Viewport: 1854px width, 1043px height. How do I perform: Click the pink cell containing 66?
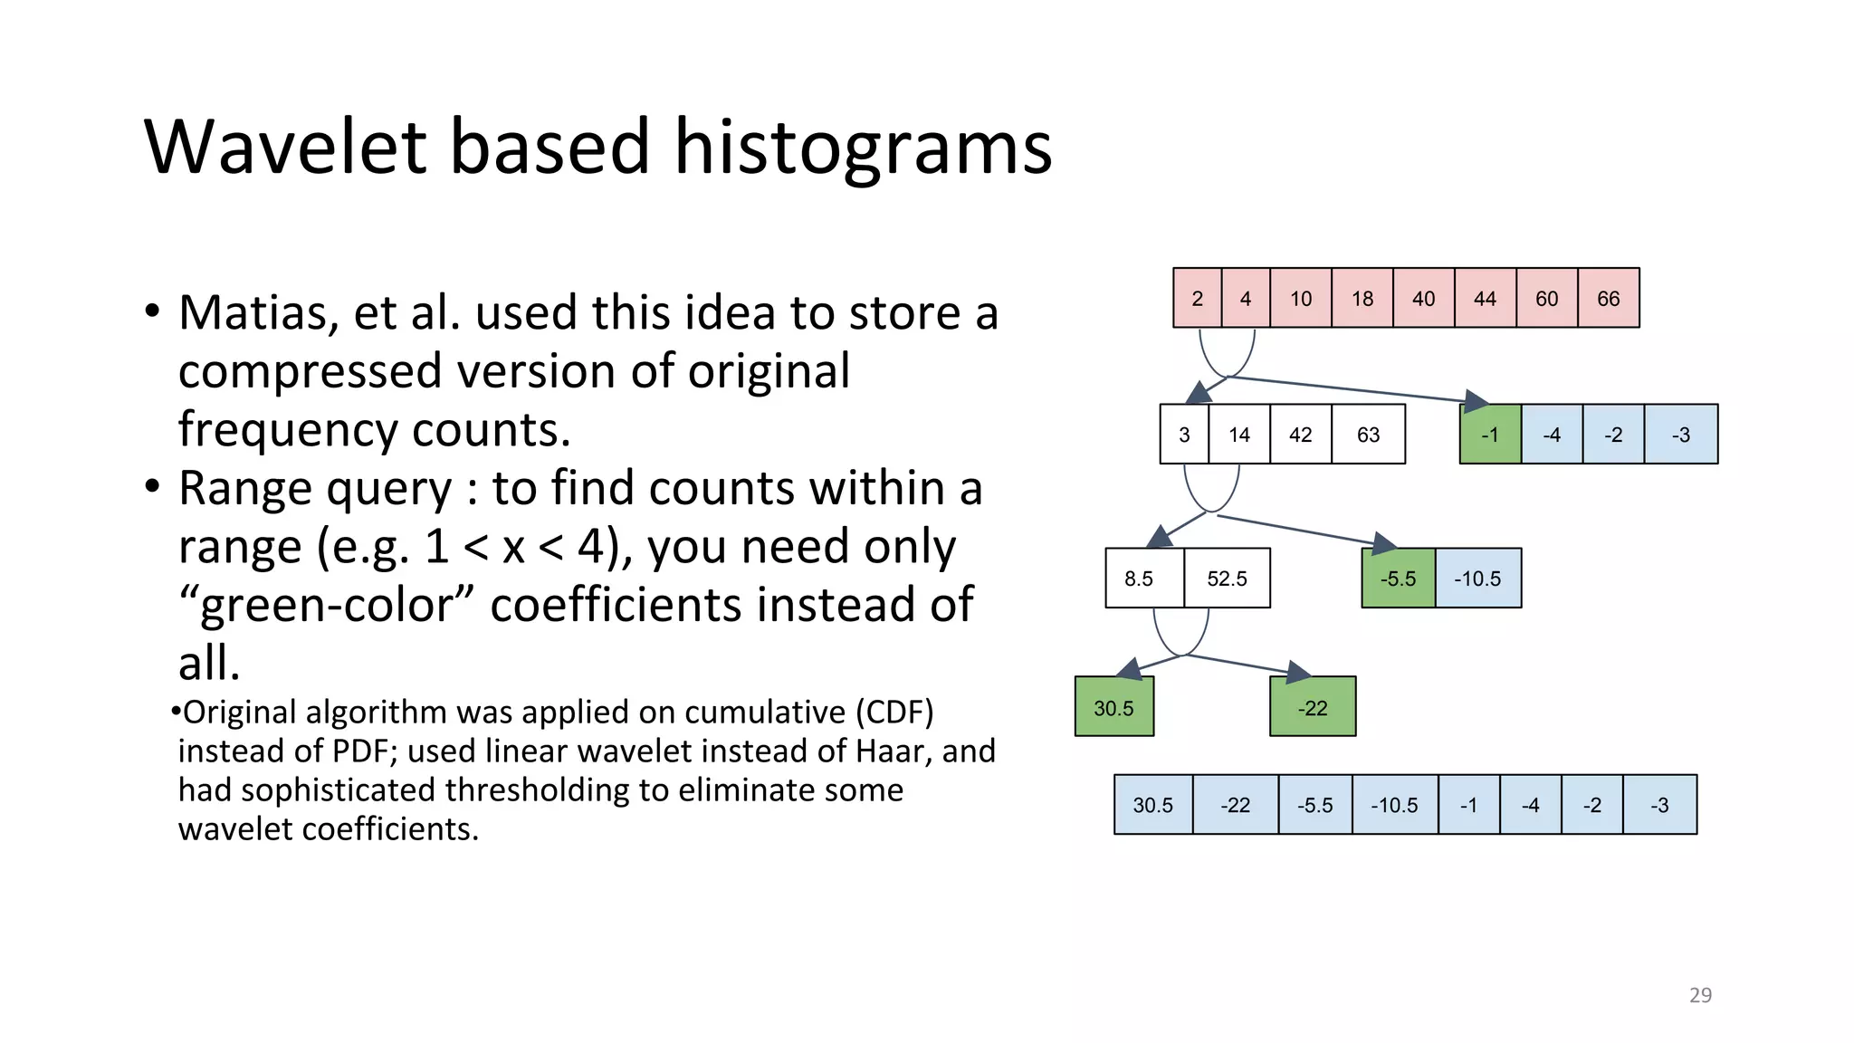click(x=1608, y=298)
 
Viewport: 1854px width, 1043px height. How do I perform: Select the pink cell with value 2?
click(x=1197, y=298)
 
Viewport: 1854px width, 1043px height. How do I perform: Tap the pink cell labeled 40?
click(x=1423, y=298)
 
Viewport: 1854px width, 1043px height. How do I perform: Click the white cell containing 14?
click(x=1238, y=435)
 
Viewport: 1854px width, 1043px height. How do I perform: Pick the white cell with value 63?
click(x=1368, y=435)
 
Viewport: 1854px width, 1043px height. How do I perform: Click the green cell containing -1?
click(x=1489, y=435)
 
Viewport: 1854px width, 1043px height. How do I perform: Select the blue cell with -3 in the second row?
click(x=1680, y=435)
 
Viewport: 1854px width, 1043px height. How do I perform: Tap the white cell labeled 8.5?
click(x=1139, y=579)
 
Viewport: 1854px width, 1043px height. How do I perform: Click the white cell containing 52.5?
click(x=1227, y=579)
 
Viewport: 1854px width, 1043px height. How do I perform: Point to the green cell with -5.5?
click(x=1398, y=579)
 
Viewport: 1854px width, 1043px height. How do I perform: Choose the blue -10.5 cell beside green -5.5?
click(x=1477, y=579)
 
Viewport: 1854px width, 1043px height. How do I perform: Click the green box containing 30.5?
click(x=1113, y=707)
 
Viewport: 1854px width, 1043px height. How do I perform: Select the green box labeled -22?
click(x=1312, y=707)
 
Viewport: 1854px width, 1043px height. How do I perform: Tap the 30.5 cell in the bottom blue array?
click(x=1152, y=805)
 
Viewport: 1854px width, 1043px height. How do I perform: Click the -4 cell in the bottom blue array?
click(x=1530, y=805)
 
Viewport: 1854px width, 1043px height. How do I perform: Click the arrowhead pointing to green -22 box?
click(x=1298, y=672)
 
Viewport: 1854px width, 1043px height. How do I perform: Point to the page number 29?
click(x=1700, y=995)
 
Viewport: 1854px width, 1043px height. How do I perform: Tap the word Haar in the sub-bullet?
click(x=894, y=751)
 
